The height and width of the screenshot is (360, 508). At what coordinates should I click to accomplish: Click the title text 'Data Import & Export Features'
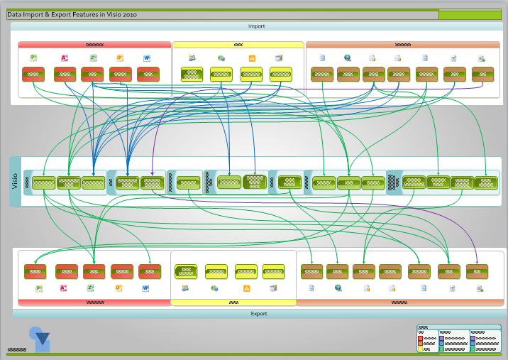71,14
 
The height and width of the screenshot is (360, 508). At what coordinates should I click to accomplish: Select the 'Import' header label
256,26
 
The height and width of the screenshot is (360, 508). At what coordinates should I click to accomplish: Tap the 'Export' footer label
258,313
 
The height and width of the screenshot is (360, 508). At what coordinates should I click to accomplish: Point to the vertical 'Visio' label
16,181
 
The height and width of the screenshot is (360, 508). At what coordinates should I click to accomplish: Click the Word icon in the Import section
148,58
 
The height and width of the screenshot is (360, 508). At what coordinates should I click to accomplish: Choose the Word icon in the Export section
145,288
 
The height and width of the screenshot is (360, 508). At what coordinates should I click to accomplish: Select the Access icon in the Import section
64,58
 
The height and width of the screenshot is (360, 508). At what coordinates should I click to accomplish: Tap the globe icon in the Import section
347,58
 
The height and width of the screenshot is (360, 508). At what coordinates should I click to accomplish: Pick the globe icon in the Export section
338,288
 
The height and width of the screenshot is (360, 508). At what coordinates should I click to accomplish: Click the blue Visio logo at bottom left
39,336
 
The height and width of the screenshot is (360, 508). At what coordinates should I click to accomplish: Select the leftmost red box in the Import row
33,73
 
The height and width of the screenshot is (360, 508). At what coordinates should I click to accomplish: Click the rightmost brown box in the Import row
482,73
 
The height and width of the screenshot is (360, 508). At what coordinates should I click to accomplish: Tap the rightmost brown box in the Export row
477,270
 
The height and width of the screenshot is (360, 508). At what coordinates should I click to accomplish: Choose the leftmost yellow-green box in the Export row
186,271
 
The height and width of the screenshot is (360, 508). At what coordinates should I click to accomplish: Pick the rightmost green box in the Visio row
486,182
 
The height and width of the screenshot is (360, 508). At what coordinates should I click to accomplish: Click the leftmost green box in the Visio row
43,183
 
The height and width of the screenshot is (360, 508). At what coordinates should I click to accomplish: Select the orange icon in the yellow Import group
251,58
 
